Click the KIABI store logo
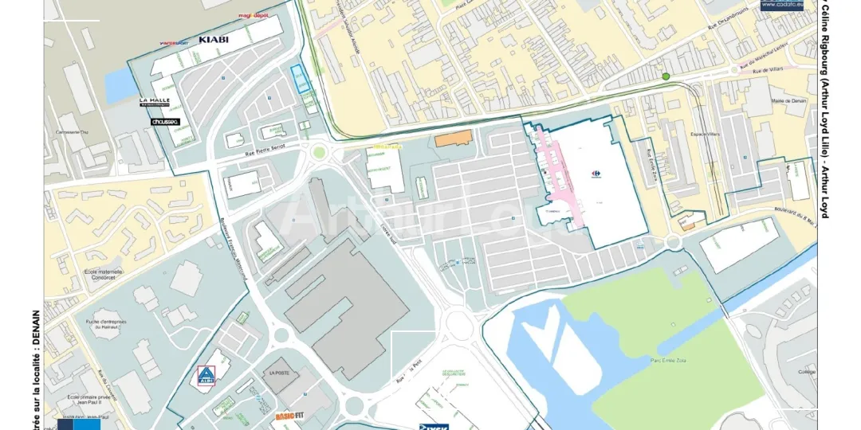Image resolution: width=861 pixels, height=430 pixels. click(x=213, y=39)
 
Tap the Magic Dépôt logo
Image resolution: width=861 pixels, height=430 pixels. click(x=253, y=15)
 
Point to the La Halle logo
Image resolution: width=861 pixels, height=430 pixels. click(x=154, y=101)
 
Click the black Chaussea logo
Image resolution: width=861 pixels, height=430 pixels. click(x=165, y=122)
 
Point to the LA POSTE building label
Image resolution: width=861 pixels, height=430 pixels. click(x=281, y=373)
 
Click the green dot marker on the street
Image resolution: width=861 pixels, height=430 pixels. click(x=666, y=76)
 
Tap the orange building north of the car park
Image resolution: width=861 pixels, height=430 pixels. click(x=452, y=139)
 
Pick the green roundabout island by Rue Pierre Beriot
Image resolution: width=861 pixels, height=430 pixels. click(x=320, y=151)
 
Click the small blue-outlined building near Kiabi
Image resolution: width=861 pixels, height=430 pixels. click(x=300, y=79)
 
